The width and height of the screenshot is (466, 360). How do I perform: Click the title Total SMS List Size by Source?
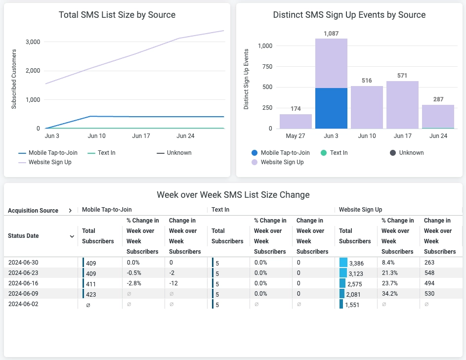click(x=117, y=15)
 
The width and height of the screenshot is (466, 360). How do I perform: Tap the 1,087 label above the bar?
click(x=331, y=34)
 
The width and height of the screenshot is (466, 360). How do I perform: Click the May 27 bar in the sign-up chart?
click(x=296, y=121)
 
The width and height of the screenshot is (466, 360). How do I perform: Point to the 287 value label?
click(x=438, y=99)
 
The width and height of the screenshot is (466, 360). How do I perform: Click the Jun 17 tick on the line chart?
click(x=141, y=136)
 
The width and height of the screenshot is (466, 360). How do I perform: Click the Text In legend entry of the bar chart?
click(x=339, y=153)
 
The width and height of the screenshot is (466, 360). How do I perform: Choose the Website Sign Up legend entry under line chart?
click(x=49, y=162)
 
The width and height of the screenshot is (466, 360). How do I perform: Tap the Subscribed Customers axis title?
click(x=14, y=79)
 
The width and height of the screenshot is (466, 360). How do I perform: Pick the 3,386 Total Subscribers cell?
click(x=356, y=263)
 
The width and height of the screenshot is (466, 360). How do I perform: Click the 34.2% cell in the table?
click(x=388, y=294)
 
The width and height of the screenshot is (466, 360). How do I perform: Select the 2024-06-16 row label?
click(x=23, y=283)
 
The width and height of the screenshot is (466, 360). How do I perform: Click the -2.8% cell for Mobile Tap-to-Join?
click(x=134, y=283)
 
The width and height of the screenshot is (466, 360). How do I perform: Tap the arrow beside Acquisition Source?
click(x=70, y=211)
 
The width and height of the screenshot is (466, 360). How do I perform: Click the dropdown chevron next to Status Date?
click(x=72, y=236)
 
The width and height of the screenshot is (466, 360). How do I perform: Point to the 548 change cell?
click(x=429, y=273)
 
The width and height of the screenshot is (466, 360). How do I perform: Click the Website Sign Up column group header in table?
click(x=360, y=210)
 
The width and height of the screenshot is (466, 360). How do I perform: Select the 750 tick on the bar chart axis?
click(x=266, y=67)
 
